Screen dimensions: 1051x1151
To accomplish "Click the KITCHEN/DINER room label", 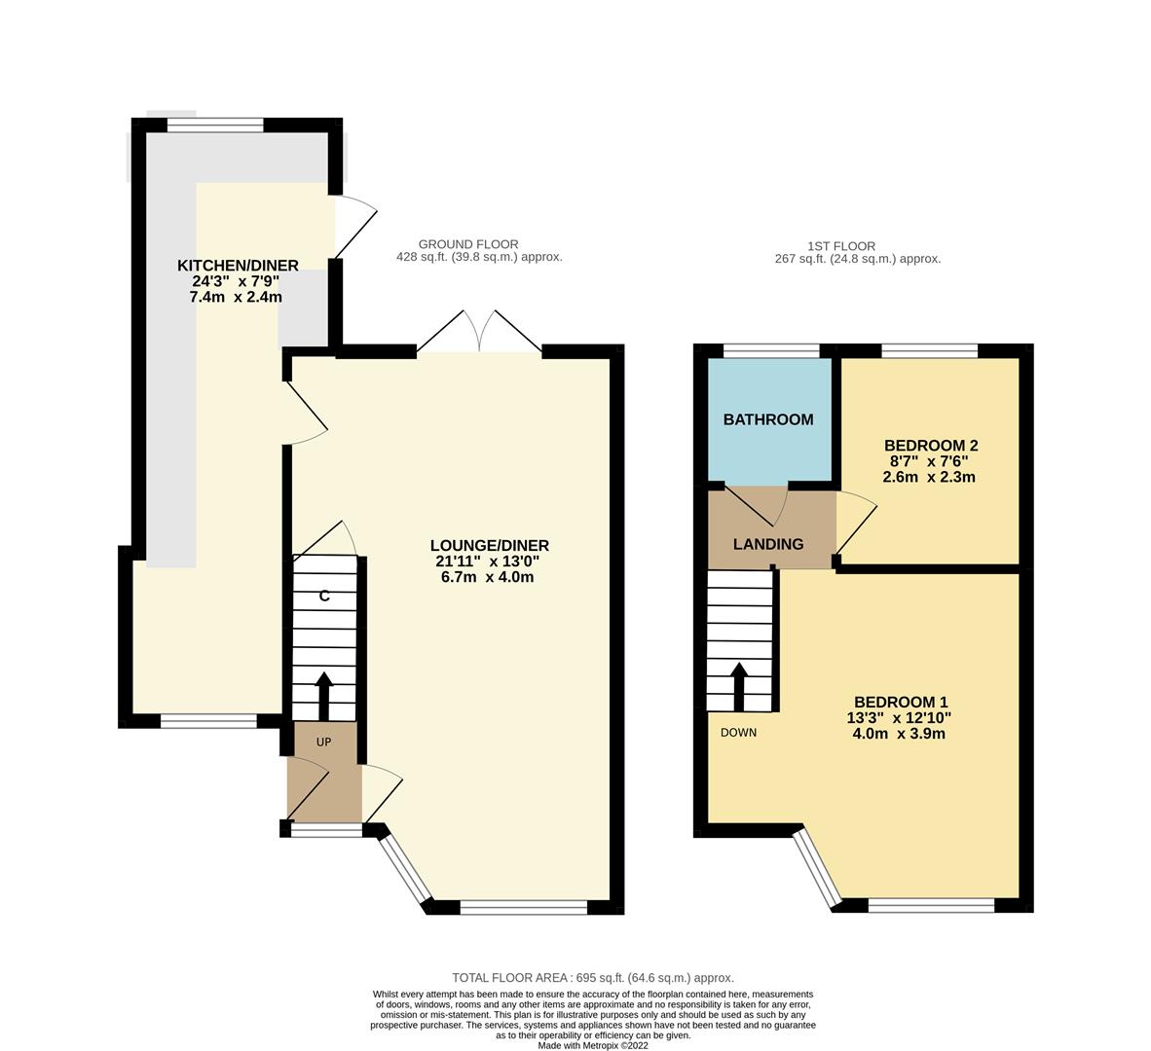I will click(238, 266).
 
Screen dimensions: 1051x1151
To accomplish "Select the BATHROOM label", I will click(768, 419).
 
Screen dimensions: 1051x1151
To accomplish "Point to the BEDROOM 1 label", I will click(900, 702).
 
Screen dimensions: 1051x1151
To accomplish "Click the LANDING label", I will click(768, 544).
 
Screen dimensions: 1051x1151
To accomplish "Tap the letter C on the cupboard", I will click(324, 596).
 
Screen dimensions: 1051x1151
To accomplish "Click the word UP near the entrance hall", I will click(323, 743).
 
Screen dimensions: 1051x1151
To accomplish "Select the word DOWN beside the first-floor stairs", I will click(738, 733).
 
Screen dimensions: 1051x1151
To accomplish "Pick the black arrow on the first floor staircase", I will click(739, 686).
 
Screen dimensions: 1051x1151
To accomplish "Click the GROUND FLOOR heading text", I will click(468, 244).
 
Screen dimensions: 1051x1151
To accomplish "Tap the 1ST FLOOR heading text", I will click(841, 246).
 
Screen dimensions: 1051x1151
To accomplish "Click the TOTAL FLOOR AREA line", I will click(592, 977).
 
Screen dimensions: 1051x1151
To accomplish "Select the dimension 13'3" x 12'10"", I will click(899, 718).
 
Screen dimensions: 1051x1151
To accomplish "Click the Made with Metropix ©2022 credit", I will click(592, 1045).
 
